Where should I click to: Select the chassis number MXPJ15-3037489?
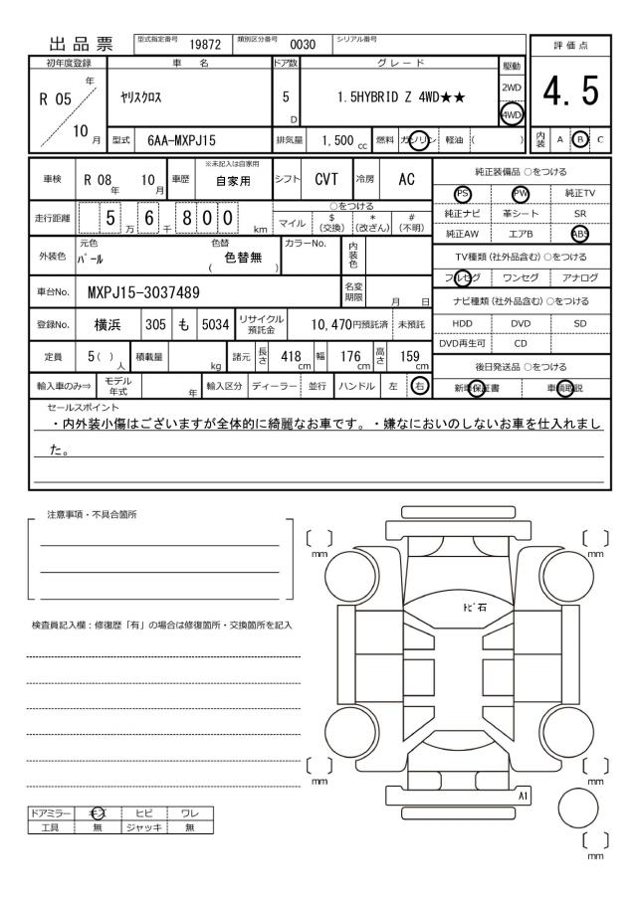pos(145,292)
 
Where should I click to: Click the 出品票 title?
pos(76,42)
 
